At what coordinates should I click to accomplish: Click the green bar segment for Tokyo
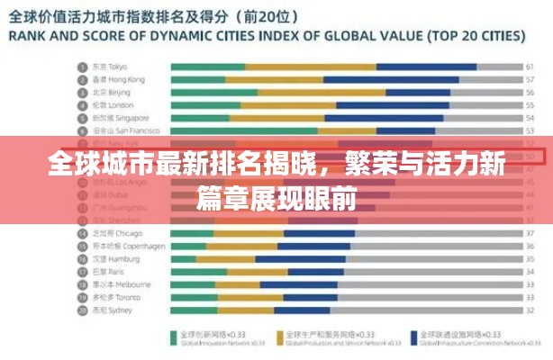pyautogui.click(x=207, y=67)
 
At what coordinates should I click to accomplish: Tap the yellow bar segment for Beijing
pyautogui.click(x=279, y=92)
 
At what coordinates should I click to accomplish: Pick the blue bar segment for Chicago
pyautogui.click(x=316, y=232)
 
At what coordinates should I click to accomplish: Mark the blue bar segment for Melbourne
pyautogui.click(x=297, y=283)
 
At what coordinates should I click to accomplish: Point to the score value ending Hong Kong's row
pyautogui.click(x=530, y=79)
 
